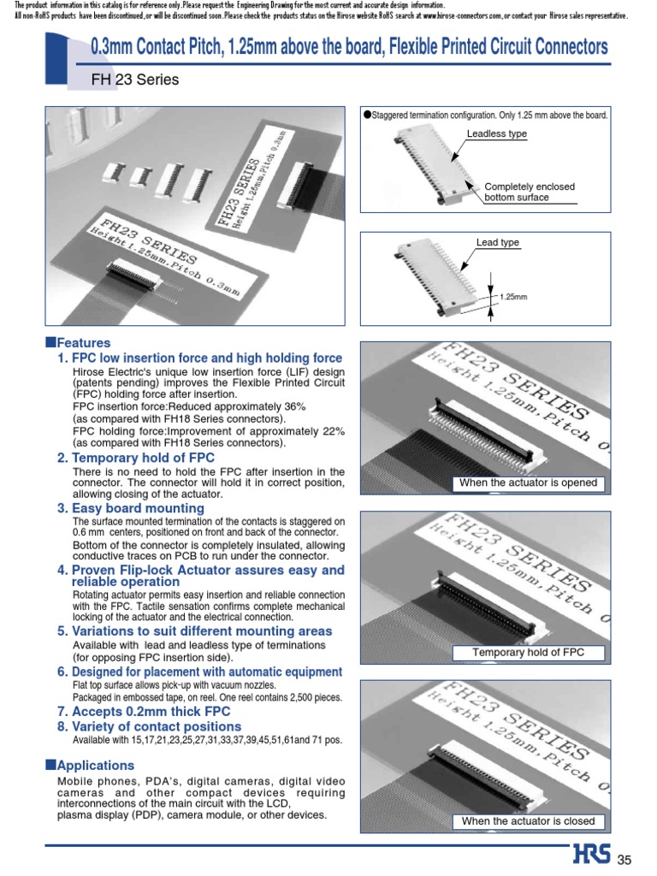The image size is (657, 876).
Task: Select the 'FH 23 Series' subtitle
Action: coord(134,80)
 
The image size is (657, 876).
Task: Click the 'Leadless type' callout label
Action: coord(496,134)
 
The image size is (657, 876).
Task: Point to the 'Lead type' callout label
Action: coord(497,243)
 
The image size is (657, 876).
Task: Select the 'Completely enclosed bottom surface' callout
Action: coord(530,192)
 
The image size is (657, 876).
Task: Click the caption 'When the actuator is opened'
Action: coord(528,483)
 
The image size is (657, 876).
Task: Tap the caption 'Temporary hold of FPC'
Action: coord(528,653)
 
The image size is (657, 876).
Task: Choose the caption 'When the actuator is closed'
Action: coord(528,821)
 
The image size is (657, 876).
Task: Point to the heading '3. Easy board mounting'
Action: coord(131,508)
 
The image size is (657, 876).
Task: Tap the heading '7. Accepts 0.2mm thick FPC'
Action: coord(144,711)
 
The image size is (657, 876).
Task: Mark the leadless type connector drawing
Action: coord(417,167)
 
